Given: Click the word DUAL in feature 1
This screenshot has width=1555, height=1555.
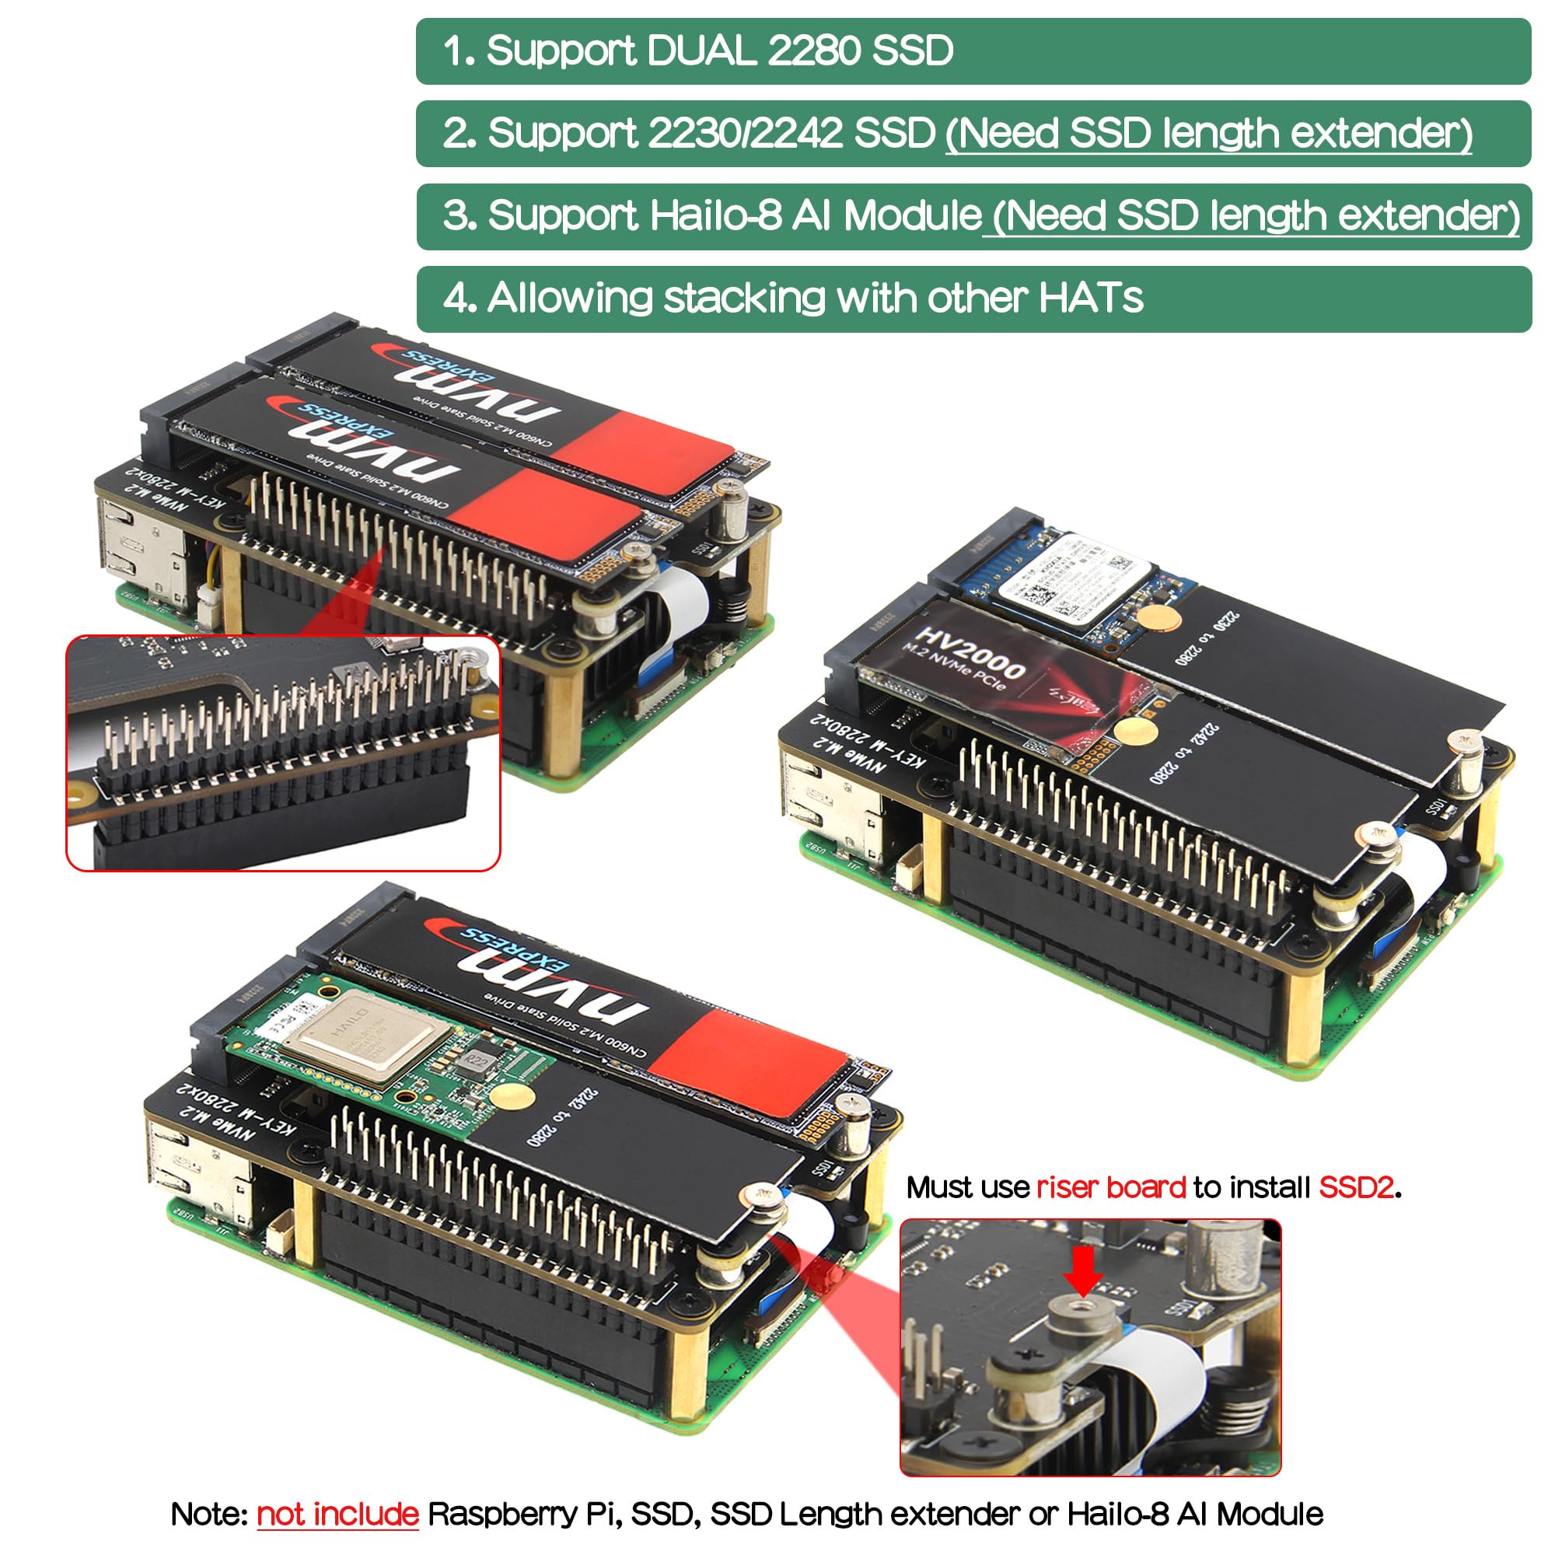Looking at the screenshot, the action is pyautogui.click(x=701, y=51).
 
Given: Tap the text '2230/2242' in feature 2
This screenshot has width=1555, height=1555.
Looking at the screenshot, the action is pyautogui.click(x=745, y=134).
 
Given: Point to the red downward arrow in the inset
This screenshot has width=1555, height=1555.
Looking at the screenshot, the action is pyautogui.click(x=1083, y=1271).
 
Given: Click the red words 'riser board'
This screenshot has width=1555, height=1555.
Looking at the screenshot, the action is pyautogui.click(x=1111, y=1188).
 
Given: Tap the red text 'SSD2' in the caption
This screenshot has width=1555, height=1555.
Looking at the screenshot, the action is pyautogui.click(x=1355, y=1188).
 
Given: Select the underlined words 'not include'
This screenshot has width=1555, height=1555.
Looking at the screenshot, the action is pyautogui.click(x=337, y=1514).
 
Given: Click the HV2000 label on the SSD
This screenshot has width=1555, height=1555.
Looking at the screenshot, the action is pyautogui.click(x=970, y=653).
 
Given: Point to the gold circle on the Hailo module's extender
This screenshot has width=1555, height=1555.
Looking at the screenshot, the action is pyautogui.click(x=512, y=1096).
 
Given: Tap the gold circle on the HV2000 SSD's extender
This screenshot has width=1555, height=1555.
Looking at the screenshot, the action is pyautogui.click(x=1135, y=731).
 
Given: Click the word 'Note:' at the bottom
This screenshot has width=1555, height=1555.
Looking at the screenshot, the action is pyautogui.click(x=209, y=1514).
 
